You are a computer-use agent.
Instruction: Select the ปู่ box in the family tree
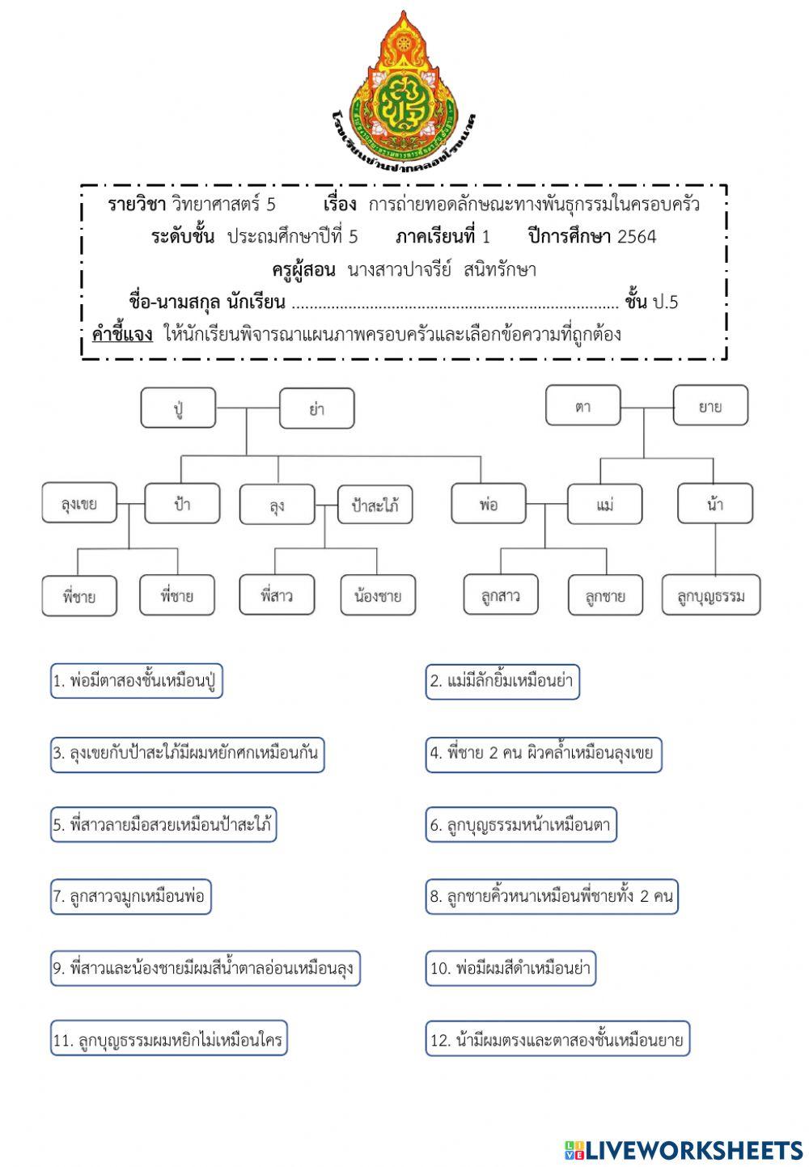tap(178, 408)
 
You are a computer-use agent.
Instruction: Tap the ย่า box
tap(316, 408)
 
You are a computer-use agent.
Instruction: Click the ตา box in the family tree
tap(582, 405)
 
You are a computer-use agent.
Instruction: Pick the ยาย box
tap(710, 405)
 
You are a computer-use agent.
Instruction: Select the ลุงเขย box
tap(79, 503)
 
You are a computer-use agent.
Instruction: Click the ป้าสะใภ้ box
tap(375, 505)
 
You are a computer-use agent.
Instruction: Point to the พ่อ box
tap(488, 504)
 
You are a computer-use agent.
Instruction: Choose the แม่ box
tap(604, 504)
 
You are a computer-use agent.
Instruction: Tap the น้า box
tap(714, 504)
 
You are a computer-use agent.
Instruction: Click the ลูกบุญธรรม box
tap(711, 596)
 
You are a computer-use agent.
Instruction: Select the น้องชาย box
tap(378, 596)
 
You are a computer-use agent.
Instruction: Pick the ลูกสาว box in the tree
tap(500, 596)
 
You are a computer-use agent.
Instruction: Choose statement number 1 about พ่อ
tap(136, 681)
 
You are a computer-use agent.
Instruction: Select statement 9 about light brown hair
tap(205, 968)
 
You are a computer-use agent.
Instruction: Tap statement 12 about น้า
tap(557, 1040)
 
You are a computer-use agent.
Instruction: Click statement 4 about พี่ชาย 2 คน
tap(543, 753)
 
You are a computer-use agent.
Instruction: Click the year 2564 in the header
tap(637, 236)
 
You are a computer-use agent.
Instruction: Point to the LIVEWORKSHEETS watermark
tap(684, 1149)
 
